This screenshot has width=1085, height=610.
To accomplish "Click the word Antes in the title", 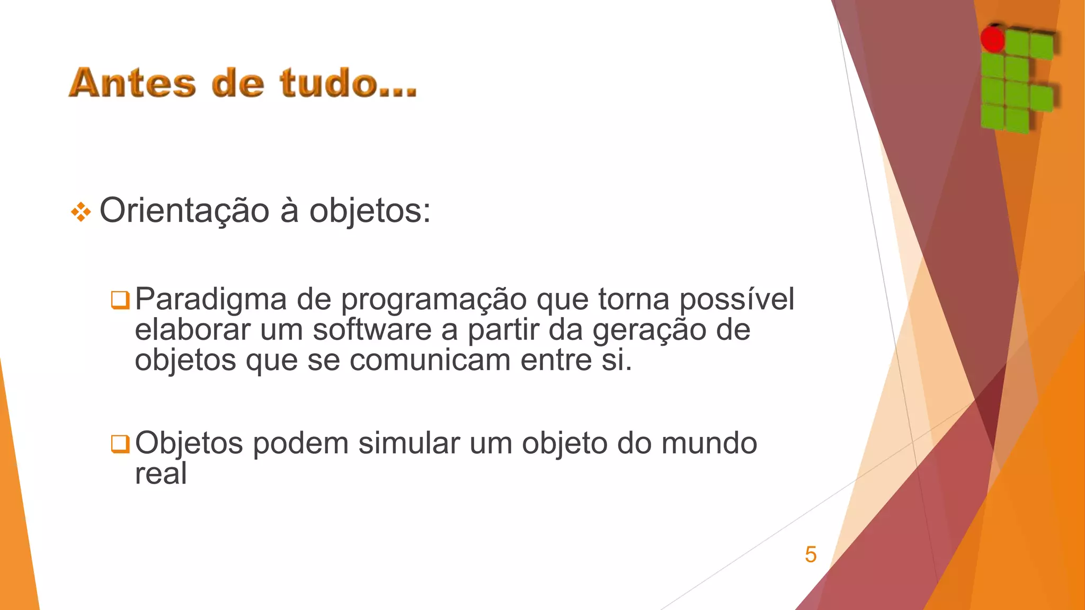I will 132,83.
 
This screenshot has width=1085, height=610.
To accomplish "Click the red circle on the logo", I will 992,39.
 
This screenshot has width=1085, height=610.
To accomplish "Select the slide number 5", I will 811,554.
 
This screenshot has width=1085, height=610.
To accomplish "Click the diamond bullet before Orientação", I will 81,212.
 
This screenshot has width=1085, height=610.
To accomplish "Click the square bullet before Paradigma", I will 120,300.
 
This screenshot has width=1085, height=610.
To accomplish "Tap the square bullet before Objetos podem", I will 120,444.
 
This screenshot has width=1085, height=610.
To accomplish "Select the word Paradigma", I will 210,300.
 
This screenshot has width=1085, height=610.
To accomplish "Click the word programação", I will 433,300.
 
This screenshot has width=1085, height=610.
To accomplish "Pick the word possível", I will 736,300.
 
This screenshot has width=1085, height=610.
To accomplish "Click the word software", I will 372,330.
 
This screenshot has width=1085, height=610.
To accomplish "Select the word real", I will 161,473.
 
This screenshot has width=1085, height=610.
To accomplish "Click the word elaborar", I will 192,330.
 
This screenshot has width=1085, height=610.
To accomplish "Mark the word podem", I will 300,443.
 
